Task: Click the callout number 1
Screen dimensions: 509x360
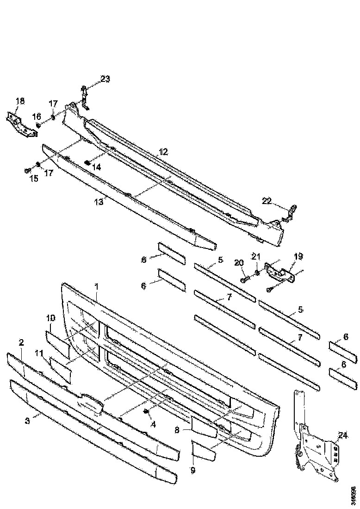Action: [x=96, y=287]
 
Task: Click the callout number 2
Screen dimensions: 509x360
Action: [x=21, y=342]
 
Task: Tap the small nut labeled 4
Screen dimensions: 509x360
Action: [x=146, y=411]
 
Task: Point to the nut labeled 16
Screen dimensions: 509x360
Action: [x=38, y=125]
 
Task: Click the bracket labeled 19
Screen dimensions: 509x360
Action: [x=280, y=275]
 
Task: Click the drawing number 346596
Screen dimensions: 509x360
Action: [x=353, y=495]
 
